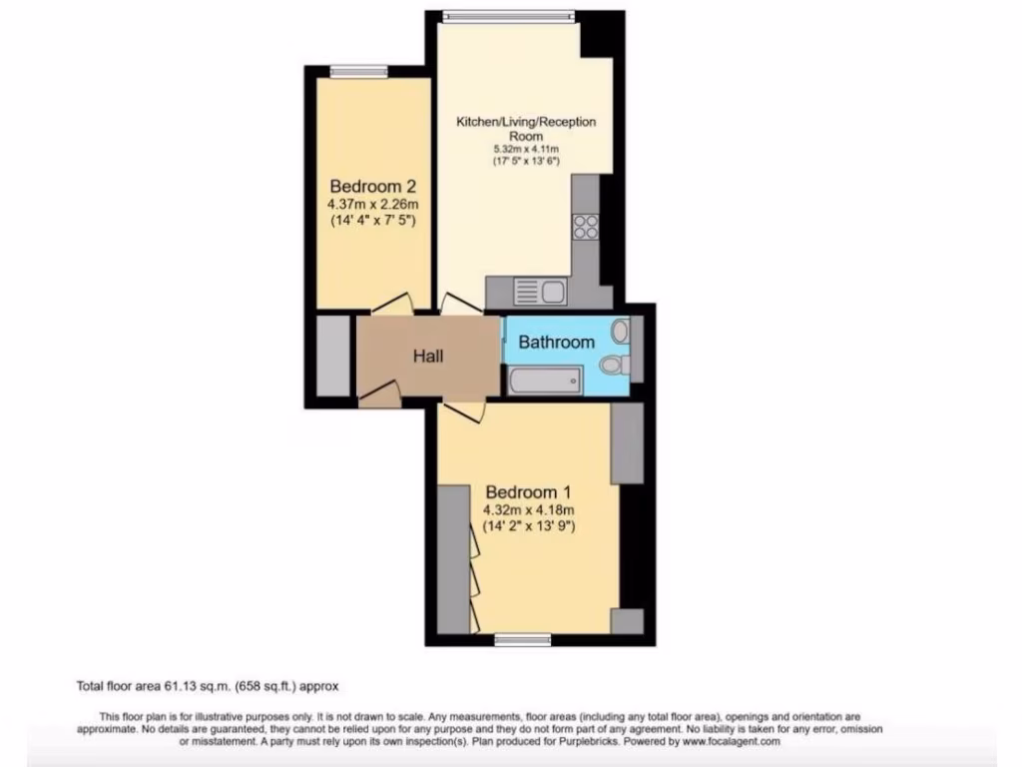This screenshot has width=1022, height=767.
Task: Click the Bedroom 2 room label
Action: click(372, 187)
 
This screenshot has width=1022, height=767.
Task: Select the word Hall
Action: click(427, 357)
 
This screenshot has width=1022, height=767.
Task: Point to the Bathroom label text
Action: click(556, 343)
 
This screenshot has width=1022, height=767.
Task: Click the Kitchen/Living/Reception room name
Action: click(526, 128)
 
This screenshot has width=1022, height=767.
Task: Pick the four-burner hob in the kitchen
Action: click(586, 228)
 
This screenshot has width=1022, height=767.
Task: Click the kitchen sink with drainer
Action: click(539, 292)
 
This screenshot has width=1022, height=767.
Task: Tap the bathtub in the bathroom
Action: click(544, 380)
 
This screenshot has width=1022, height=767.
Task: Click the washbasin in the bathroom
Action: click(620, 331)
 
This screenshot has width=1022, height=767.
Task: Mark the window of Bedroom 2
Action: click(358, 70)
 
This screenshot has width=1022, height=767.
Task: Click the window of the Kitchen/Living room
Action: click(509, 15)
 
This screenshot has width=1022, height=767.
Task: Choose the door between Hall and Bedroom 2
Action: click(392, 304)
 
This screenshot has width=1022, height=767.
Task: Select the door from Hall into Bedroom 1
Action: click(462, 409)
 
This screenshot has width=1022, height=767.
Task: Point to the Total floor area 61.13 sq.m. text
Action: click(210, 686)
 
